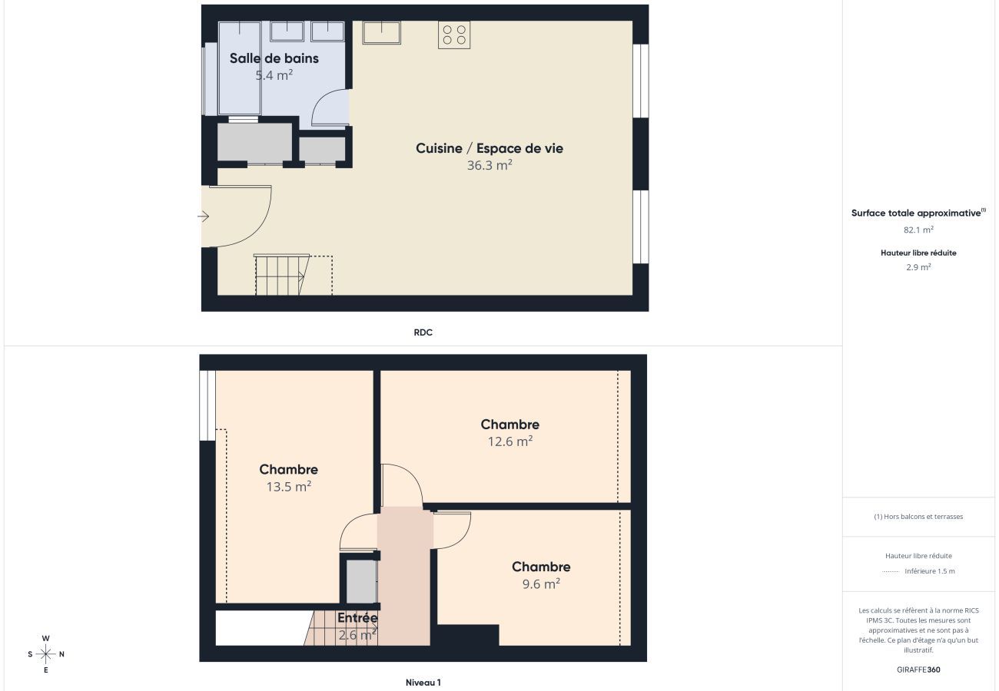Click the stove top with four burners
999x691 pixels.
pyautogui.click(x=454, y=35)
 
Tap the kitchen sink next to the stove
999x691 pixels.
pyautogui.click(x=382, y=32)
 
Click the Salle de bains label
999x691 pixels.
pyautogui.click(x=274, y=58)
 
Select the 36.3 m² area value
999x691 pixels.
pyautogui.click(x=490, y=165)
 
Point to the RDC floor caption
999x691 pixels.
pyautogui.click(x=423, y=332)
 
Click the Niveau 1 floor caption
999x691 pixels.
pyautogui.click(x=423, y=683)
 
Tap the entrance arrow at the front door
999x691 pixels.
pyautogui.click(x=204, y=217)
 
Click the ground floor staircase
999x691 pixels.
pyautogui.click(x=281, y=275)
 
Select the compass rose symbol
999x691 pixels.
pyautogui.click(x=46, y=654)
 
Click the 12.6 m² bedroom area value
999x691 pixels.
pyautogui.click(x=510, y=441)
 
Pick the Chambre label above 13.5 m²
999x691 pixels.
pyautogui.click(x=288, y=469)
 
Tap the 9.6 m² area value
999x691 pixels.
pyautogui.click(x=541, y=584)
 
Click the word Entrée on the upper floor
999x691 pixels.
pyautogui.click(x=357, y=617)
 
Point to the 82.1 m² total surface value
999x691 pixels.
pyautogui.click(x=918, y=230)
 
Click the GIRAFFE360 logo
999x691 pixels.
pyautogui.click(x=918, y=670)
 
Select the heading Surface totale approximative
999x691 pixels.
pyautogui.click(x=917, y=213)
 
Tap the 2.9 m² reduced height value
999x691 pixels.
pyautogui.click(x=918, y=267)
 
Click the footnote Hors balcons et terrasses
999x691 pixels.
pyautogui.click(x=918, y=517)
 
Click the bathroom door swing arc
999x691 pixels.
pyautogui.click(x=328, y=107)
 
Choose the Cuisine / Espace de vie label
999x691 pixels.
pyautogui.click(x=490, y=148)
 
